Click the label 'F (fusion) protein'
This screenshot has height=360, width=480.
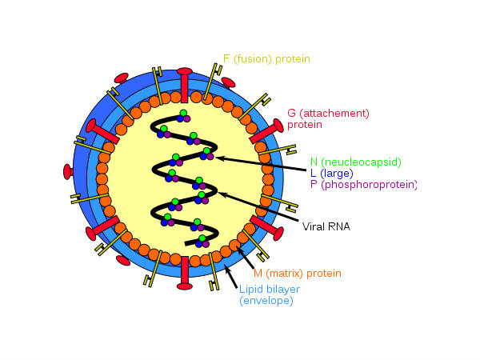click(x=266, y=58)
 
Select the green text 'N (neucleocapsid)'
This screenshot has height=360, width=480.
click(x=355, y=162)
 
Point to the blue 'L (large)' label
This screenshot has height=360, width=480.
click(x=331, y=173)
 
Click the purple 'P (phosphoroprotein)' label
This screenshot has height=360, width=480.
click(x=364, y=185)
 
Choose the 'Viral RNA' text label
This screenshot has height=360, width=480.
click(x=325, y=226)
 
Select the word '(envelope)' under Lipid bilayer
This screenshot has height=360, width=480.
click(x=266, y=301)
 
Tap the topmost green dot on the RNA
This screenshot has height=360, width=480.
click(x=183, y=114)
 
